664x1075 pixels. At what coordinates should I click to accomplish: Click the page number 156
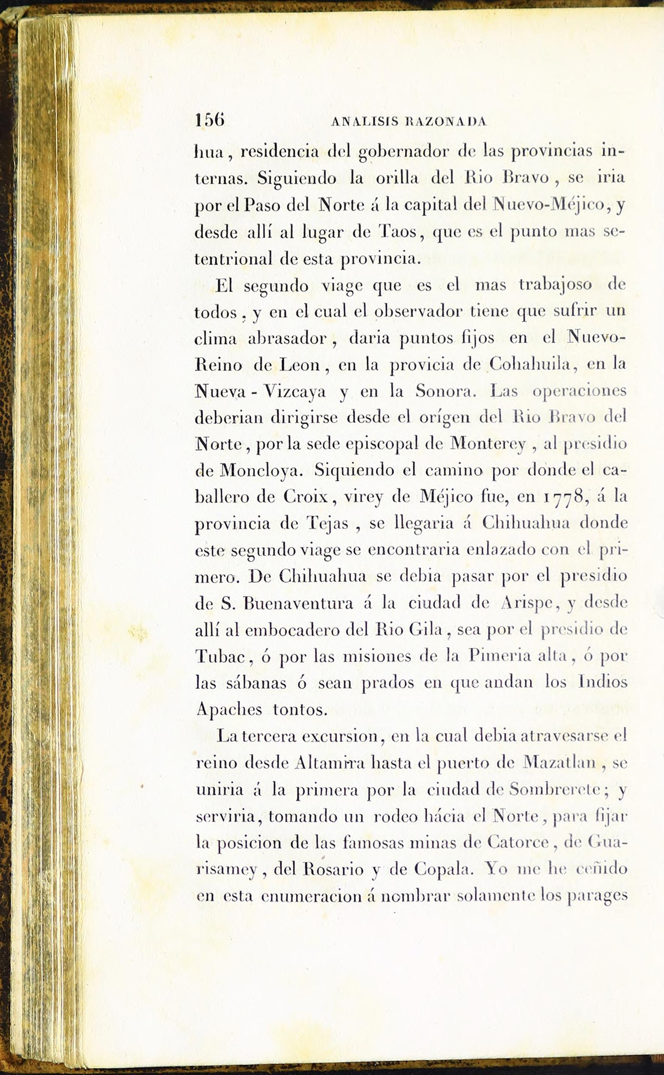tap(209, 120)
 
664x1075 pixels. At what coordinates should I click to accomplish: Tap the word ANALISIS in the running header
tap(365, 122)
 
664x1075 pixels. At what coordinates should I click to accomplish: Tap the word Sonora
tap(445, 391)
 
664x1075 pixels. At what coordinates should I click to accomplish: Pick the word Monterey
tap(488, 444)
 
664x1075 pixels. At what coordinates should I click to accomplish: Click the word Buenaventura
tap(298, 603)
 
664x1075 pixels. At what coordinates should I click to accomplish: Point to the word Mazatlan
tap(559, 763)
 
